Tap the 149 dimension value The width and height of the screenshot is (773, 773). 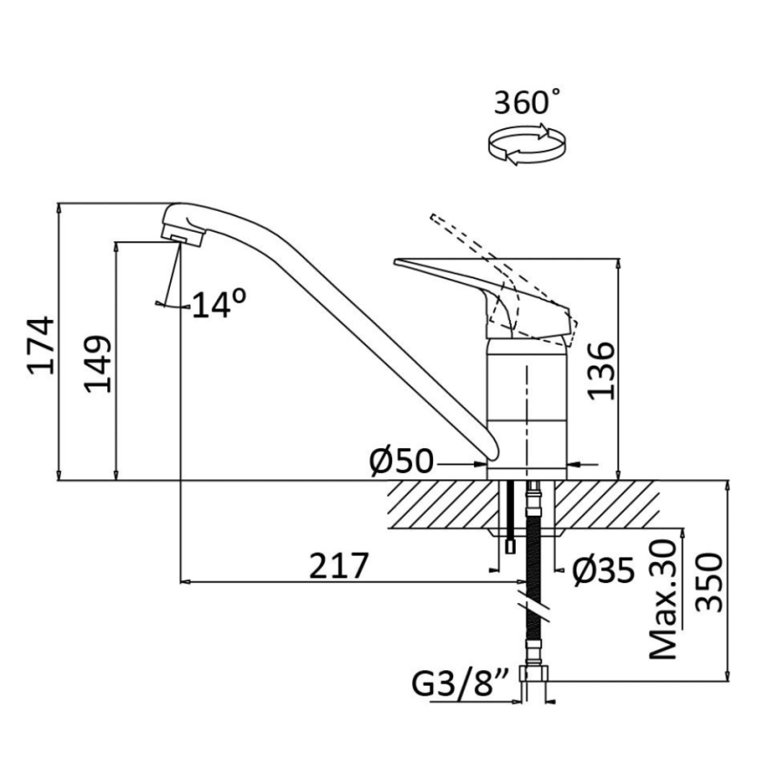click(98, 364)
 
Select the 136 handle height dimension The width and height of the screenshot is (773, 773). click(600, 370)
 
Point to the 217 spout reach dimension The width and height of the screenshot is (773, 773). click(339, 566)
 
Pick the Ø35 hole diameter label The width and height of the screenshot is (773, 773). click(602, 570)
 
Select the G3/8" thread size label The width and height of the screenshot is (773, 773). click(460, 683)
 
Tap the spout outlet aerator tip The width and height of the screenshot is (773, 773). click(181, 236)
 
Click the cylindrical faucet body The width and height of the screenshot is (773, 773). click(527, 400)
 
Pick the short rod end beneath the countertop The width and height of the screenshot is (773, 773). click(511, 546)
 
